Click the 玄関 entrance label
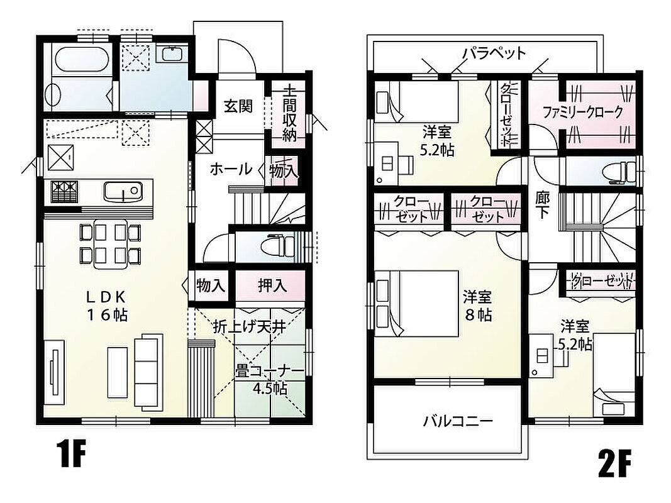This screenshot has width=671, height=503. [x=238, y=106]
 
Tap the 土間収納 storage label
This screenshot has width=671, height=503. [x=290, y=114]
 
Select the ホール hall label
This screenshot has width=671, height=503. [x=231, y=169]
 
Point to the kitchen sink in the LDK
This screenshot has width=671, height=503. [x=123, y=191]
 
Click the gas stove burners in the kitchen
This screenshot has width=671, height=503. [x=65, y=191]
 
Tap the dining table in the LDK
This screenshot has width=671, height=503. [x=111, y=244]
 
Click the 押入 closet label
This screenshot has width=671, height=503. [x=272, y=285]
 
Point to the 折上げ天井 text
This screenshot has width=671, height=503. [x=250, y=327]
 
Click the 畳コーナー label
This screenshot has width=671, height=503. [x=270, y=371]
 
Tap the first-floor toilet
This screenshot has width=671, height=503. [x=278, y=245]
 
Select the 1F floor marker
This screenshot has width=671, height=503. [x=72, y=455]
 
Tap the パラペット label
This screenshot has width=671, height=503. [x=495, y=53]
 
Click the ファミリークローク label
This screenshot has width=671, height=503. [x=582, y=113]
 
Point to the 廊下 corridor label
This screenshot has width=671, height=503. [x=543, y=204]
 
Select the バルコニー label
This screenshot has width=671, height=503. [x=458, y=421]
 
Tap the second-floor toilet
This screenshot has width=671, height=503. [x=618, y=172]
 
